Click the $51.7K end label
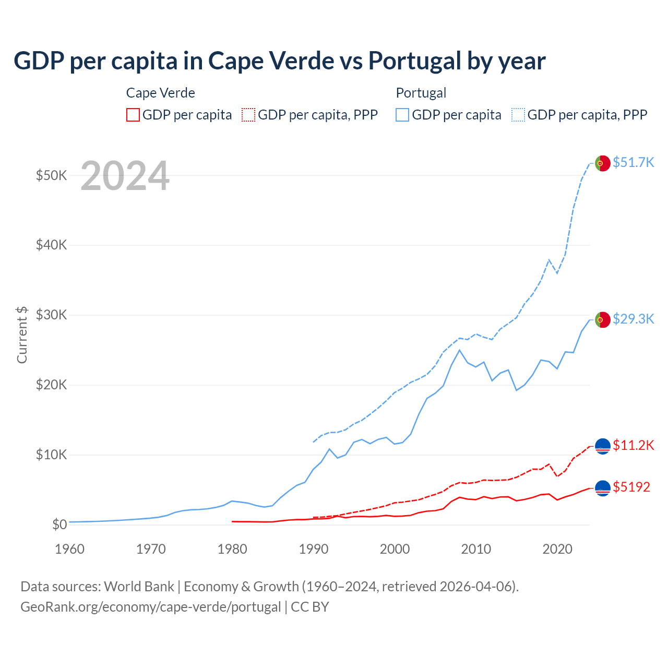point(633,162)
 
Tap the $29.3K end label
point(633,319)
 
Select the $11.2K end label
point(633,445)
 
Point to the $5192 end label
point(631,487)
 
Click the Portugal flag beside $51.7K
point(603,163)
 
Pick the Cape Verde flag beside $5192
point(603,488)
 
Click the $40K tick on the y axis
point(51,245)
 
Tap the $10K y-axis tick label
point(51,455)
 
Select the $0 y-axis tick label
point(59,524)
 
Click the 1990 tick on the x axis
point(314,549)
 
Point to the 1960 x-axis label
point(69,549)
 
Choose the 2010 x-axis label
point(476,549)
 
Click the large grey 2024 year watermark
point(125,176)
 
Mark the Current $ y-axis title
point(22,335)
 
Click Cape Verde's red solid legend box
point(133,115)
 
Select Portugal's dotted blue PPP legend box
point(518,115)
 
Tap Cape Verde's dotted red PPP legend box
point(248,115)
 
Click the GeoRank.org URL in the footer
point(150,607)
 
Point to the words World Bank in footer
point(139,587)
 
